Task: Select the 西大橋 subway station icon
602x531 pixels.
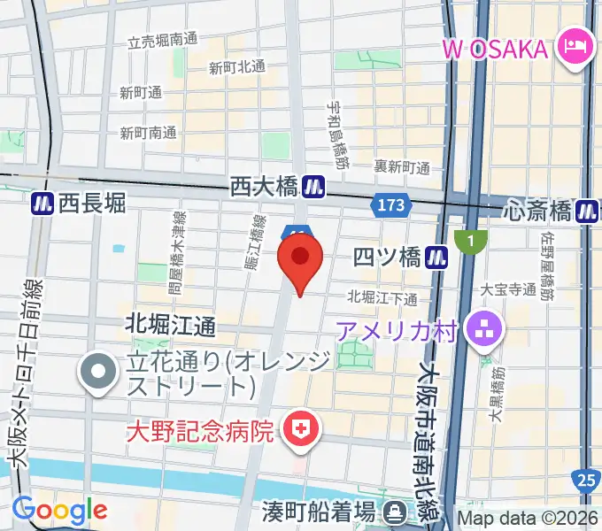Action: coord(313,187)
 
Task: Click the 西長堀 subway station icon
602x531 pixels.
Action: coord(41,204)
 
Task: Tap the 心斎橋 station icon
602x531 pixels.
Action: coord(587,211)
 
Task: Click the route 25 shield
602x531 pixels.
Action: coord(585,480)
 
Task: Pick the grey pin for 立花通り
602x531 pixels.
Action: coord(96,373)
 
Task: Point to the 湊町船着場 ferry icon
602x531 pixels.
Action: coord(395,512)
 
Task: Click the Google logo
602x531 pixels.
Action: coord(59,511)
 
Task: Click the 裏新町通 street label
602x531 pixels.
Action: coord(401,166)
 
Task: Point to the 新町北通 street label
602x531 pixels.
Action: coord(236,66)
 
